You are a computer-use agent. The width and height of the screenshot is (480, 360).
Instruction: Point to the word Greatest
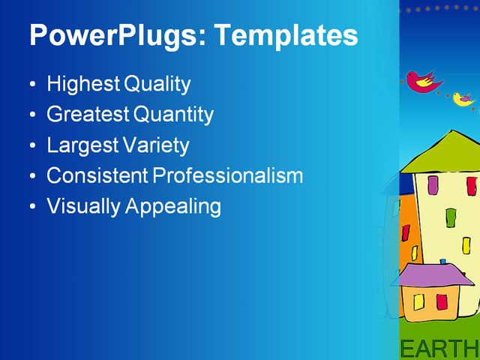pyautogui.click(x=88, y=115)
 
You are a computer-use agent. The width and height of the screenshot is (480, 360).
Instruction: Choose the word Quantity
pyautogui.click(x=173, y=115)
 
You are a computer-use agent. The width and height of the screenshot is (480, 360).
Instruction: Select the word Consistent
pyautogui.click(x=97, y=175)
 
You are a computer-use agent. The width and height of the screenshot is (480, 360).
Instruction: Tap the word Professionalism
pyautogui.click(x=228, y=175)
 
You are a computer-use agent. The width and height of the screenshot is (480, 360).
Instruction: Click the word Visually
pyautogui.click(x=83, y=205)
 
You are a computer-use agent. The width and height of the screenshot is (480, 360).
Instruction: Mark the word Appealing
pyautogui.click(x=173, y=206)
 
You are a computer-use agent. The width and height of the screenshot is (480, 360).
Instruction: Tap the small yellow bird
pyautogui.click(x=463, y=98)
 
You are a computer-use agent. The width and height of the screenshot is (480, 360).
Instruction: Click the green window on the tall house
pyautogui.click(x=451, y=217)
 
